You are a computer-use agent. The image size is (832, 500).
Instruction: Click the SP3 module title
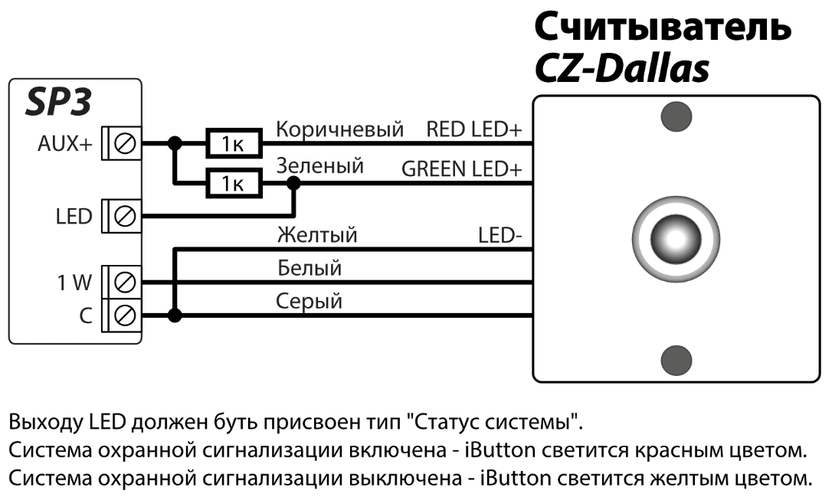(x=59, y=103)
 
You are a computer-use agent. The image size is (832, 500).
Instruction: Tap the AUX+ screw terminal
(x=124, y=142)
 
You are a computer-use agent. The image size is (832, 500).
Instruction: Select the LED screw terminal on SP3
(x=124, y=217)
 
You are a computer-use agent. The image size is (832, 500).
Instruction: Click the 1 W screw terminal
(x=124, y=283)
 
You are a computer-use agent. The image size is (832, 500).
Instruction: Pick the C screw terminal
(x=124, y=315)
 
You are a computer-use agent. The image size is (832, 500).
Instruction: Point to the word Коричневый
(x=339, y=129)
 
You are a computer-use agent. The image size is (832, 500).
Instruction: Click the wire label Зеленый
(x=319, y=166)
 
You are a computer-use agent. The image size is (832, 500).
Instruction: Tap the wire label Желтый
(x=316, y=234)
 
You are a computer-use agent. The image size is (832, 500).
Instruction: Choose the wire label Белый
(x=309, y=268)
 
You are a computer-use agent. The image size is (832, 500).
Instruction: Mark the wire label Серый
(x=309, y=301)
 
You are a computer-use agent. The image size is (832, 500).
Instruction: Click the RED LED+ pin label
(x=473, y=129)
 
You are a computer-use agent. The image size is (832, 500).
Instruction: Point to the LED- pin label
(x=500, y=234)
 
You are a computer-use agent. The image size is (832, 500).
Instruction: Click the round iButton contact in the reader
(x=676, y=237)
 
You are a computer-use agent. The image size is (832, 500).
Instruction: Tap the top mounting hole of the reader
(x=676, y=115)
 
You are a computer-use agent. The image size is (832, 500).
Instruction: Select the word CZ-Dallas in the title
(x=621, y=70)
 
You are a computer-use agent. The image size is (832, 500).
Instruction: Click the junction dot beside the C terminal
(x=175, y=315)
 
